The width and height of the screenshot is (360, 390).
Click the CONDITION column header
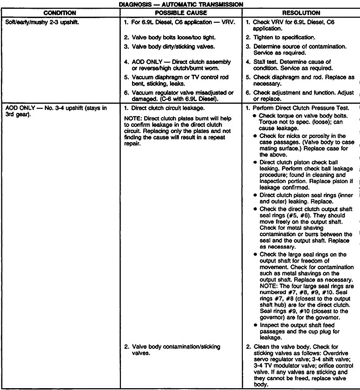tap(59, 13)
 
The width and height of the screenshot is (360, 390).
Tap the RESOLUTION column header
tap(299, 13)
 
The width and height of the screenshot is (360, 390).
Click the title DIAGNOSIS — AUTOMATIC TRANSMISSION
tap(181, 4)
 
